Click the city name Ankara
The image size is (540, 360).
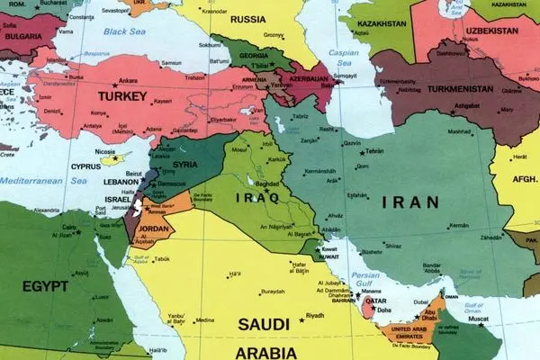click(x=127, y=79)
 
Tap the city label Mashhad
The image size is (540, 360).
click(x=460, y=131)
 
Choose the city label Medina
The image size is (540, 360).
click(x=204, y=320)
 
